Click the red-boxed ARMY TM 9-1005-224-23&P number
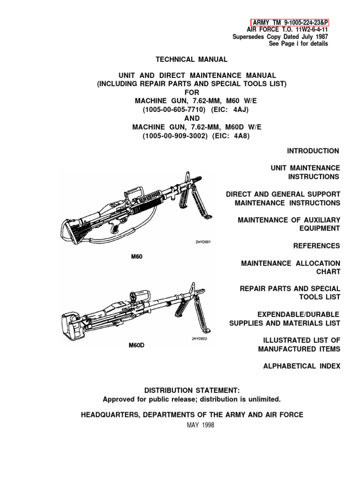289,22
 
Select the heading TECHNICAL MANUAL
191,60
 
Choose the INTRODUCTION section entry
313,151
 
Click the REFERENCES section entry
316,246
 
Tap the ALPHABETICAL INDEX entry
301,366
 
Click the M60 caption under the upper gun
135,257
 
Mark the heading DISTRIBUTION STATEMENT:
191,390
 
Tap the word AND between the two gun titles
192,119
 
